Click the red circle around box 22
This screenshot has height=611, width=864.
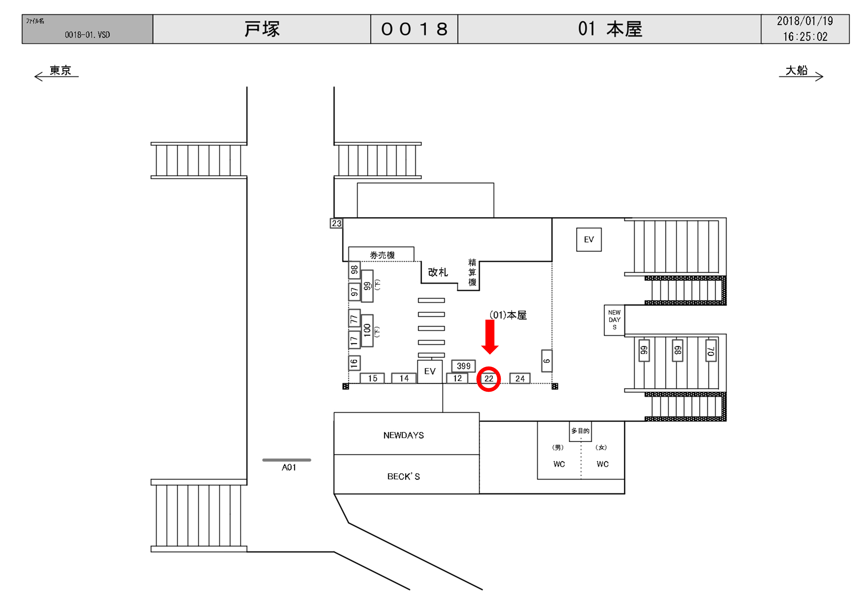pyautogui.click(x=488, y=379)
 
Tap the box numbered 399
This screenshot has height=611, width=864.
pyautogui.click(x=463, y=366)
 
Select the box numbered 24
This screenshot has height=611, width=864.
pyautogui.click(x=520, y=378)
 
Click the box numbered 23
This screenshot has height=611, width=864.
pyautogui.click(x=336, y=223)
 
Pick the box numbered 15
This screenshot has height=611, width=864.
pyautogui.click(x=372, y=378)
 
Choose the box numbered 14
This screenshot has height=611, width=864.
pyautogui.click(x=404, y=378)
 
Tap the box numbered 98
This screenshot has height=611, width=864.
pyautogui.click(x=354, y=270)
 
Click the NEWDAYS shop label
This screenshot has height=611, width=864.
pyautogui.click(x=404, y=435)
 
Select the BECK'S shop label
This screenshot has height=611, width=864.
pyautogui.click(x=404, y=477)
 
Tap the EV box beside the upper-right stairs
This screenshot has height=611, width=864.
pyautogui.click(x=589, y=240)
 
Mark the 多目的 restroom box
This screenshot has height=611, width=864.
pyautogui.click(x=580, y=431)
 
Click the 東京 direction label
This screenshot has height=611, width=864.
pyautogui.click(x=60, y=70)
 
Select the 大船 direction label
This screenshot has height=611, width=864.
pyautogui.click(x=796, y=70)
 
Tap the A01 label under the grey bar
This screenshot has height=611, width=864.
pyautogui.click(x=289, y=467)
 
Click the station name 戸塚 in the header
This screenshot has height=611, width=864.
pyautogui.click(x=262, y=29)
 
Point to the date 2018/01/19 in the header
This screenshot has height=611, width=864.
pyautogui.click(x=805, y=21)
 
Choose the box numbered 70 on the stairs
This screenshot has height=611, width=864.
pyautogui.click(x=710, y=350)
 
